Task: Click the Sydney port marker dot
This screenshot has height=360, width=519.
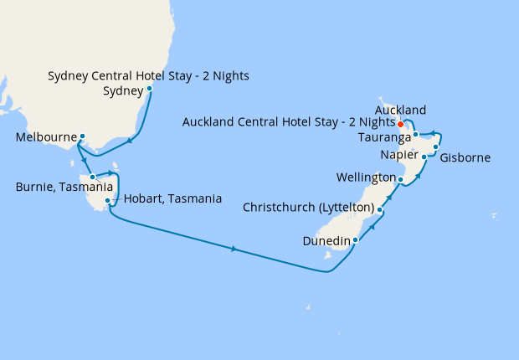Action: [149, 89]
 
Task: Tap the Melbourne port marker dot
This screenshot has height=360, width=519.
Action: [82, 136]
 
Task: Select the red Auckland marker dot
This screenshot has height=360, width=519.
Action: [400, 125]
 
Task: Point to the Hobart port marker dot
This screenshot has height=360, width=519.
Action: [108, 201]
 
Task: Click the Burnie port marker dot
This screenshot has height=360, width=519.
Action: [93, 177]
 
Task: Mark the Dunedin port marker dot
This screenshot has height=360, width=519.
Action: [356, 240]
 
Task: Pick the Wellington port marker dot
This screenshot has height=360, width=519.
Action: [400, 180]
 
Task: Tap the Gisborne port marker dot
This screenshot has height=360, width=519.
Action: [436, 147]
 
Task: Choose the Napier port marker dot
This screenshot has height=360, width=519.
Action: [424, 157]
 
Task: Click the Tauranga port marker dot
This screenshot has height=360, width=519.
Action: [415, 134]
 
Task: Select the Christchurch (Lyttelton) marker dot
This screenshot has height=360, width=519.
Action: [380, 209]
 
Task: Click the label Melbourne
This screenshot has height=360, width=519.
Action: [46, 137]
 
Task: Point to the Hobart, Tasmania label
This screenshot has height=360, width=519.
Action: [172, 199]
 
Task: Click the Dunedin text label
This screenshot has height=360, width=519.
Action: [327, 241]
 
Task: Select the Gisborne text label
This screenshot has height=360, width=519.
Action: [465, 157]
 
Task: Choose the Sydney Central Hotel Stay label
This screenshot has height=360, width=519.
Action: [149, 76]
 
